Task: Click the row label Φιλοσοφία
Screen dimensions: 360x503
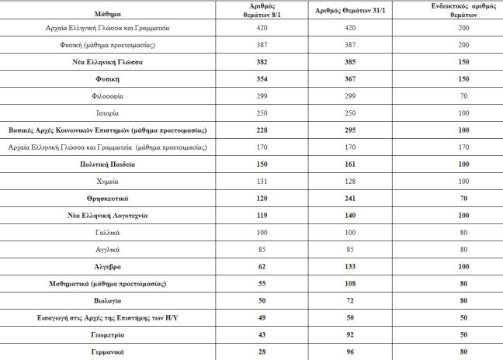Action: coord(109,95)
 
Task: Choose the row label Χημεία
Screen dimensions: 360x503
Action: coord(109,181)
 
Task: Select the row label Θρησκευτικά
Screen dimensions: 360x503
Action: coord(109,198)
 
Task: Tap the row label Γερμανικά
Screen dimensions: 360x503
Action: coord(109,352)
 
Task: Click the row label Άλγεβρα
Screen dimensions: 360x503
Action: coord(109,266)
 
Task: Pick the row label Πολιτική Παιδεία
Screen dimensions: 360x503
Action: coord(109,164)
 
